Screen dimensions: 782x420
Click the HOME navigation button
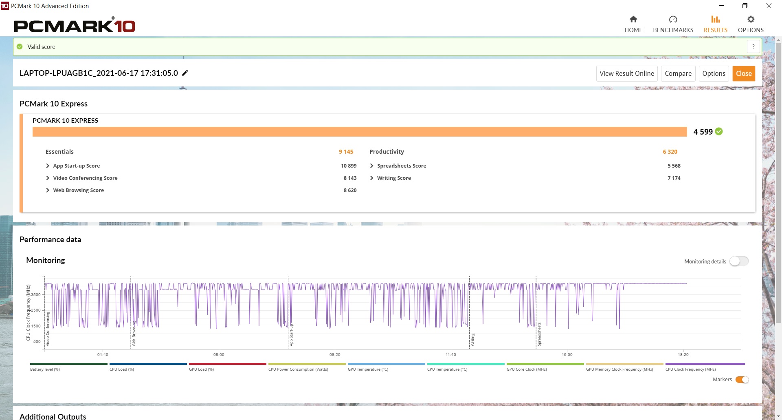[x=633, y=24]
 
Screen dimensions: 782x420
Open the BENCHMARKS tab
[x=673, y=24]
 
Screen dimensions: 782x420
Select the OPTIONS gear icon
[x=751, y=19]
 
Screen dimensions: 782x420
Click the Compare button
[x=678, y=73]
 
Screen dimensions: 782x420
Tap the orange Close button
[x=744, y=73]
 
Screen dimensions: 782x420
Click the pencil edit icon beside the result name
[x=185, y=73]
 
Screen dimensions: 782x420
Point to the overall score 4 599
[x=703, y=132]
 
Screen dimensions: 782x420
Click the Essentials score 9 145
[x=346, y=152]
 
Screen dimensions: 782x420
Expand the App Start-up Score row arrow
[x=48, y=166]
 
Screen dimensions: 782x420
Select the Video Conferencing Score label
[x=85, y=178]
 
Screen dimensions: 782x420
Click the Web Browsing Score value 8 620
[x=350, y=190]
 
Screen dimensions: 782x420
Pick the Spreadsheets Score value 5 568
[x=674, y=166]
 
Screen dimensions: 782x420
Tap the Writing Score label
[x=394, y=178]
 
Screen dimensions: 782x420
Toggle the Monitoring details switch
[x=739, y=261]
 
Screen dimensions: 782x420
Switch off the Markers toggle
[x=742, y=380]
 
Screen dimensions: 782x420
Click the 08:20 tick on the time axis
[x=335, y=354]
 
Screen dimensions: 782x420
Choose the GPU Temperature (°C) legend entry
[x=368, y=369]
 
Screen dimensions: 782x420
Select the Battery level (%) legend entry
[x=45, y=369]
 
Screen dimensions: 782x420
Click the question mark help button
[x=753, y=46]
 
